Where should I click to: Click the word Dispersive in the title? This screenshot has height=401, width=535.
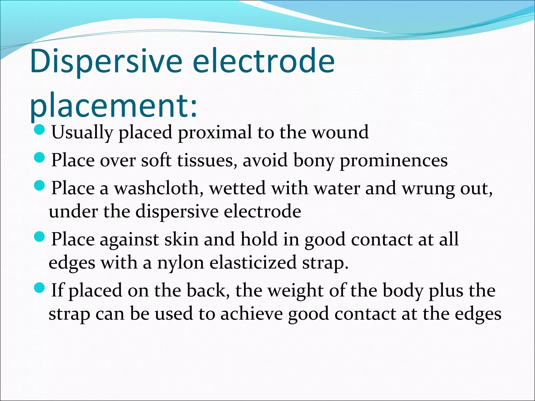pyautogui.click(x=106, y=61)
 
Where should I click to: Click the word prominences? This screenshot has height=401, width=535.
pyautogui.click(x=393, y=160)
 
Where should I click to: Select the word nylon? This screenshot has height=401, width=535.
pyautogui.click(x=181, y=263)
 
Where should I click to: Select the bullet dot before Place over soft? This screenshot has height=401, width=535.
pyautogui.click(x=40, y=157)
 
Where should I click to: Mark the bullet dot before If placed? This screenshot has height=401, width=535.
pyautogui.click(x=40, y=287)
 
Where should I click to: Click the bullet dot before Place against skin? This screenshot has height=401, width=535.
pyautogui.click(x=40, y=237)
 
